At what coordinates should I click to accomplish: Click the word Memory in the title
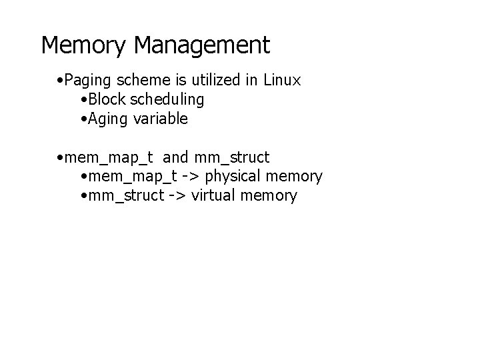click(x=83, y=46)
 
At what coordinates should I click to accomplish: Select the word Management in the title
click(x=202, y=46)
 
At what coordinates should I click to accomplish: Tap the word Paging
click(x=87, y=81)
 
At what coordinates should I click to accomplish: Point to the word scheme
click(x=143, y=80)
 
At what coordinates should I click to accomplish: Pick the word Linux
click(x=282, y=80)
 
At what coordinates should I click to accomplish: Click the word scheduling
click(x=167, y=100)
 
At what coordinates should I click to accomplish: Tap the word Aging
click(x=107, y=119)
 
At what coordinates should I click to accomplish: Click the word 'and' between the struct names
click(x=175, y=157)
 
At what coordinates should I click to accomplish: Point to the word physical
click(x=233, y=177)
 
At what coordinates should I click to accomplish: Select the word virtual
click(x=213, y=195)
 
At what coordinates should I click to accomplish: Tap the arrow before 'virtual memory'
click(x=177, y=195)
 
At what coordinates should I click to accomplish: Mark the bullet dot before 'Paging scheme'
click(x=60, y=81)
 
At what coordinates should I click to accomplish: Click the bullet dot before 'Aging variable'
click(x=84, y=119)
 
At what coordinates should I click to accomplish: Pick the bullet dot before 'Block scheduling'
click(x=84, y=100)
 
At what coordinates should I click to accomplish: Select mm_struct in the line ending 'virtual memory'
click(x=127, y=196)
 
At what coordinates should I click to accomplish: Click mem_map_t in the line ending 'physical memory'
click(x=133, y=177)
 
